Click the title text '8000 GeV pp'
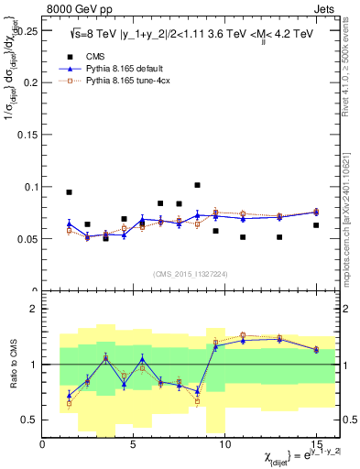point(75,7)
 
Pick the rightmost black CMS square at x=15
point(315,225)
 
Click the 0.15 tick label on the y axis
point(27,134)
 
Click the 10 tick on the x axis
point(225,444)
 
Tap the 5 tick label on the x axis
point(135,444)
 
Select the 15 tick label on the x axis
point(315,444)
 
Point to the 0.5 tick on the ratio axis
point(29,420)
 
